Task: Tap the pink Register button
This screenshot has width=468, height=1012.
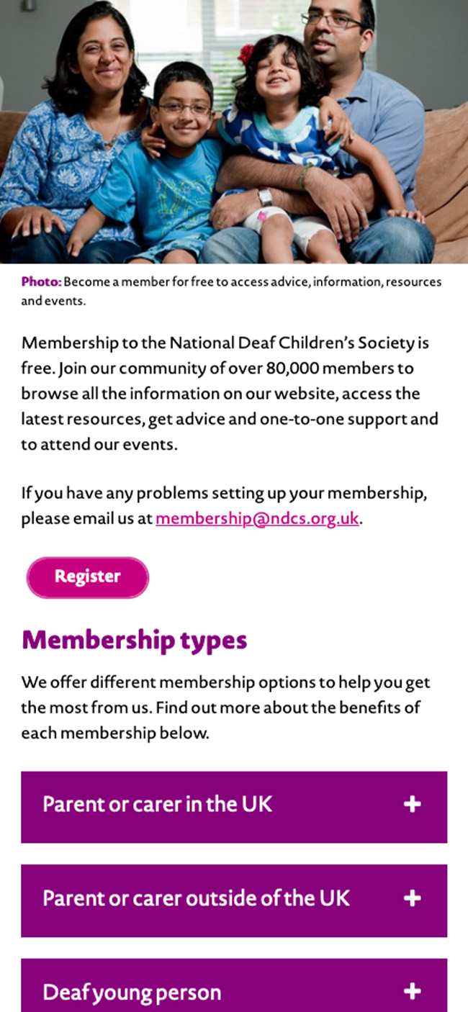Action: (88, 577)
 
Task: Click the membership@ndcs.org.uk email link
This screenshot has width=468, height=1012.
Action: (257, 518)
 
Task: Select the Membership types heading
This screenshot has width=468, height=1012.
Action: (135, 640)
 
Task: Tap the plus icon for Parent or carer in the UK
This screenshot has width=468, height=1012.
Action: (412, 805)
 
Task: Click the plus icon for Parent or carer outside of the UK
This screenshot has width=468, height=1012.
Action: (412, 899)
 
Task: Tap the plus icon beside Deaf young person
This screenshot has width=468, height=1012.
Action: (412, 993)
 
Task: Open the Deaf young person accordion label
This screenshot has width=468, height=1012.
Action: (132, 993)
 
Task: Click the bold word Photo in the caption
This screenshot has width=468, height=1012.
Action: (41, 281)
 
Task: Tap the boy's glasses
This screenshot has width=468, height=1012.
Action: (184, 109)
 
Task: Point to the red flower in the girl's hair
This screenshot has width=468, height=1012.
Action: (246, 54)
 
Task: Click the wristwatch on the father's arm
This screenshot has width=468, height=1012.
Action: (265, 196)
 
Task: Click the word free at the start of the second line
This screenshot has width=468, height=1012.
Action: (37, 369)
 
